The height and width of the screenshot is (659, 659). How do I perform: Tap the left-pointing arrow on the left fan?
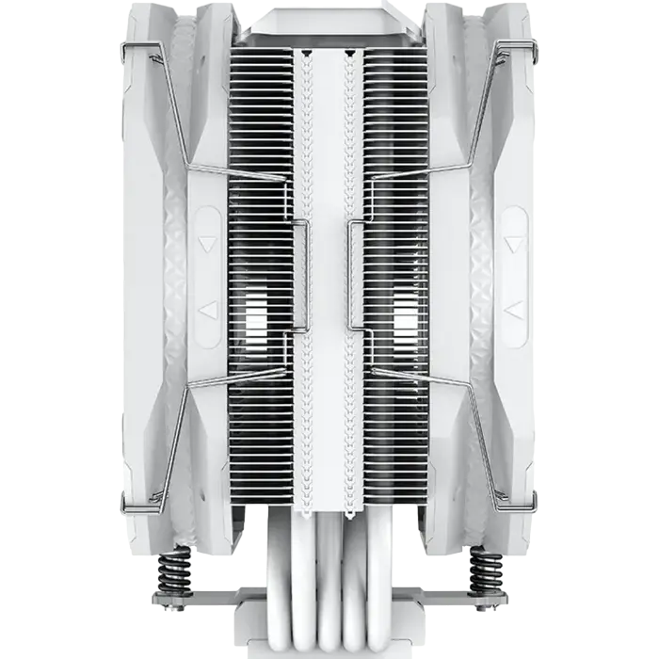tap(208, 309)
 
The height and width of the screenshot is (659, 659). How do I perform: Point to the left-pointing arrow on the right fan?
tap(512, 309)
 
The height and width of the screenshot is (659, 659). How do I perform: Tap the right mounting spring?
tap(487, 569)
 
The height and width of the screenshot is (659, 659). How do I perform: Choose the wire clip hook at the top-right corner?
tap(531, 47)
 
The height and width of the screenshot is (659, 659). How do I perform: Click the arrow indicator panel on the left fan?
tap(208, 277)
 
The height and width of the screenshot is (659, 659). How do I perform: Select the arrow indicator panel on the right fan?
tap(512, 277)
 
